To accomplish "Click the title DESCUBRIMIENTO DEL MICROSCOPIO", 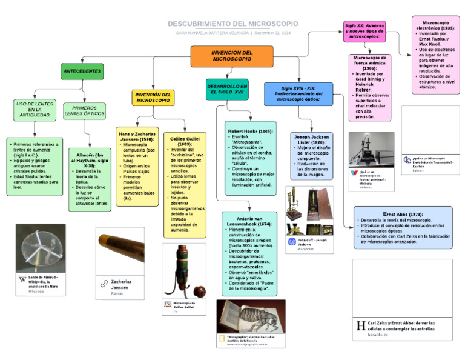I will (x=232, y=24).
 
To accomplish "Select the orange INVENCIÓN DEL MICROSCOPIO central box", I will (x=231, y=56).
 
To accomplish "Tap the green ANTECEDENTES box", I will (x=82, y=72).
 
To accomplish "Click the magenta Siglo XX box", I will (x=364, y=32).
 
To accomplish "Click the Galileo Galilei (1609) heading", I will (x=185, y=139).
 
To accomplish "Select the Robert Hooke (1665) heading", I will (x=250, y=131).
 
